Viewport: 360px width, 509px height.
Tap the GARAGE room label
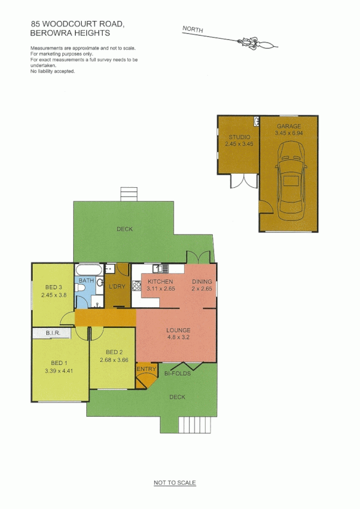289,126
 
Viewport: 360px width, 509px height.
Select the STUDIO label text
239,137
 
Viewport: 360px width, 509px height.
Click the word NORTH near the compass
193,30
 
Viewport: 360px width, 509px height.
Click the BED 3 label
54,287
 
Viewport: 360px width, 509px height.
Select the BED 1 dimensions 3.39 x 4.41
58,371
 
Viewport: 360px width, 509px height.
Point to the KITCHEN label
161,282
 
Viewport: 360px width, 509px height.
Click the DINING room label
201,282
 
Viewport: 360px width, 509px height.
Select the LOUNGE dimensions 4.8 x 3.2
178,338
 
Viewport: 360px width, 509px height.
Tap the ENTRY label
146,369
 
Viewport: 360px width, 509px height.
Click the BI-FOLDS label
177,374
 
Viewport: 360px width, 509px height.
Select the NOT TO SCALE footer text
175,483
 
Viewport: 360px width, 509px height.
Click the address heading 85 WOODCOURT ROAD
78,25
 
